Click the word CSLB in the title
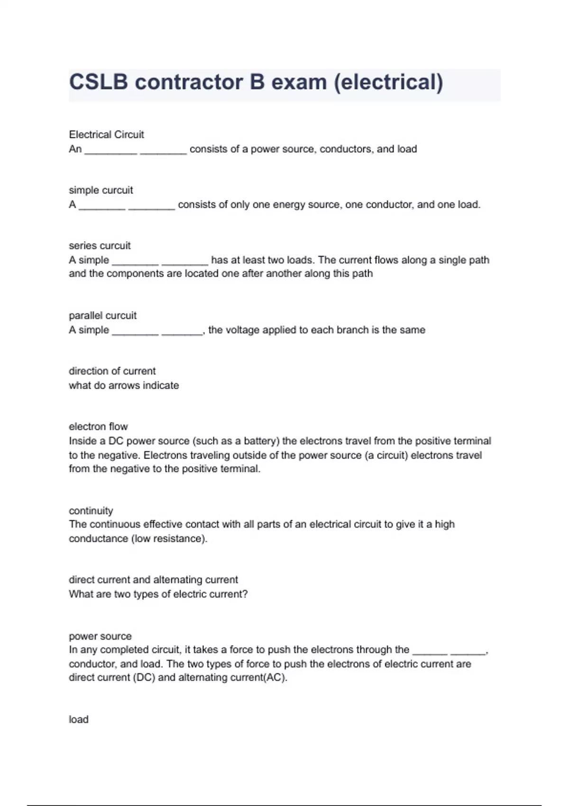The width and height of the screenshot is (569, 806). click(99, 82)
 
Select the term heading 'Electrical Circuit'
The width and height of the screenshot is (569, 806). click(106, 135)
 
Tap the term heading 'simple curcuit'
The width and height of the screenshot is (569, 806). click(101, 190)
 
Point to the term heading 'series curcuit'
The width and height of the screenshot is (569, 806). click(100, 246)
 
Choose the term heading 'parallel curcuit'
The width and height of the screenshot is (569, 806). click(102, 315)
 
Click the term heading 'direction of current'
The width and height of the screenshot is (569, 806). click(112, 371)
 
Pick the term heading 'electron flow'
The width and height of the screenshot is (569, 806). click(98, 426)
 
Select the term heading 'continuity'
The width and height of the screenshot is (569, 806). click(91, 511)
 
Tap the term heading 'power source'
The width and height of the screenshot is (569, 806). click(100, 636)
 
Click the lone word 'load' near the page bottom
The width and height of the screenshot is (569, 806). click(78, 719)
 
